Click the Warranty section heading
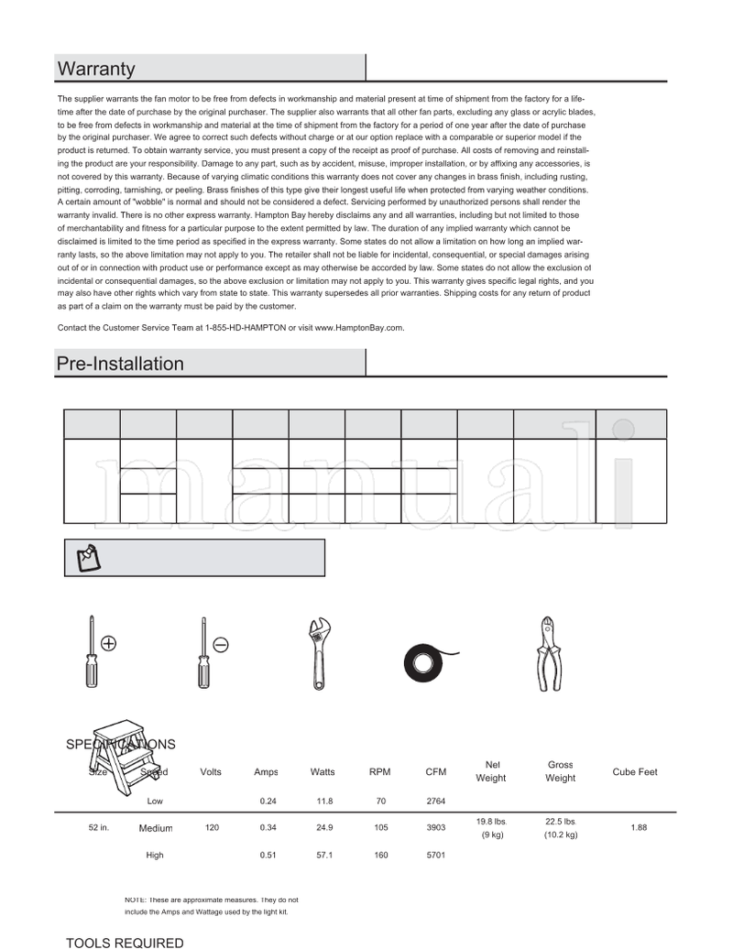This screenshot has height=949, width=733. [96, 69]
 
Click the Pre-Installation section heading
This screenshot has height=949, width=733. [120, 364]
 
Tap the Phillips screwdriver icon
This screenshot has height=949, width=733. [92, 652]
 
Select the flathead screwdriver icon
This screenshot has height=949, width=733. [203, 652]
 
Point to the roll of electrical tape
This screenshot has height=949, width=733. [426, 660]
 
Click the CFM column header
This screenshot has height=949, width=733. [436, 772]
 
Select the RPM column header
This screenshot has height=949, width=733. [379, 772]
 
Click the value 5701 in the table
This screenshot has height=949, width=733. [436, 856]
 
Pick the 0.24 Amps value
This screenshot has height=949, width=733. [268, 801]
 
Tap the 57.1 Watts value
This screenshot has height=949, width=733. [323, 856]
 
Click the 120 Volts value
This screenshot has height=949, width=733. [212, 828]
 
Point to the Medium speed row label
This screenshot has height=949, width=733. [156, 828]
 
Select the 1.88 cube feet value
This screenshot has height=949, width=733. [639, 828]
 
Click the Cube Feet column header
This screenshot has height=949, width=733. [635, 772]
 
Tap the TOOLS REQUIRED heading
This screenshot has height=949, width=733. [125, 942]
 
